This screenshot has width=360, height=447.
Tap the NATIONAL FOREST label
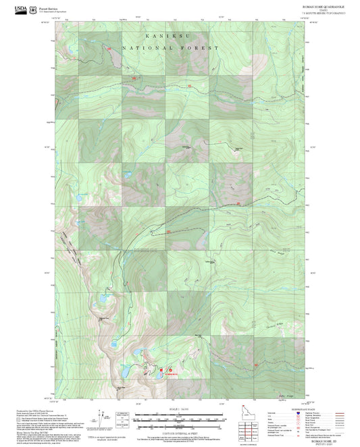(172, 49)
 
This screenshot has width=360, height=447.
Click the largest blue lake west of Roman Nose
(126, 371)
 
